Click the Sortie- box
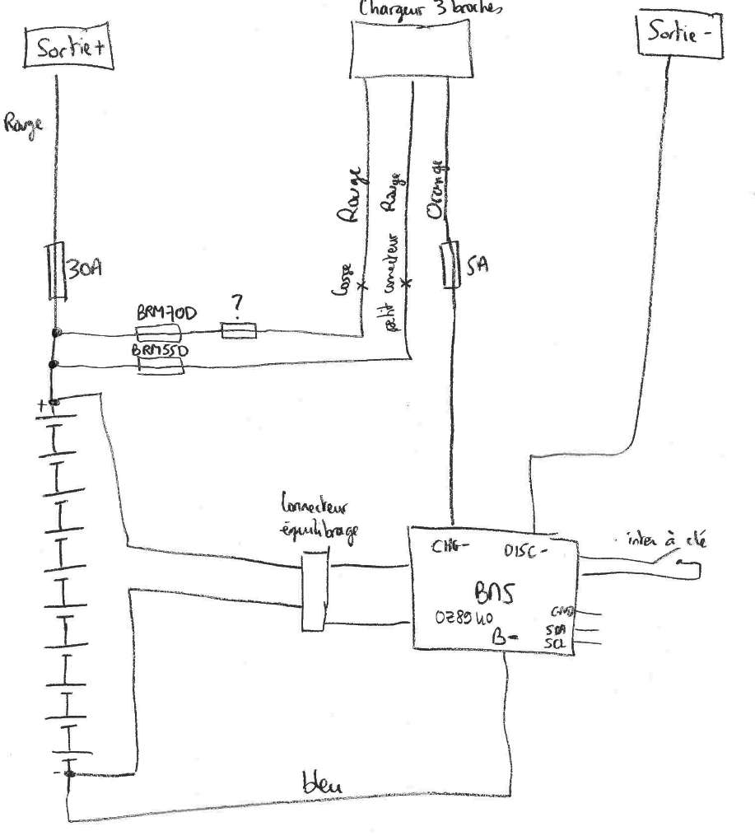pos(680,36)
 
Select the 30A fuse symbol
pos(56,271)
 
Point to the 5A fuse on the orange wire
pos(450,264)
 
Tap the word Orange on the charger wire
pos(436,190)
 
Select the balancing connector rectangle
pos(314,591)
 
